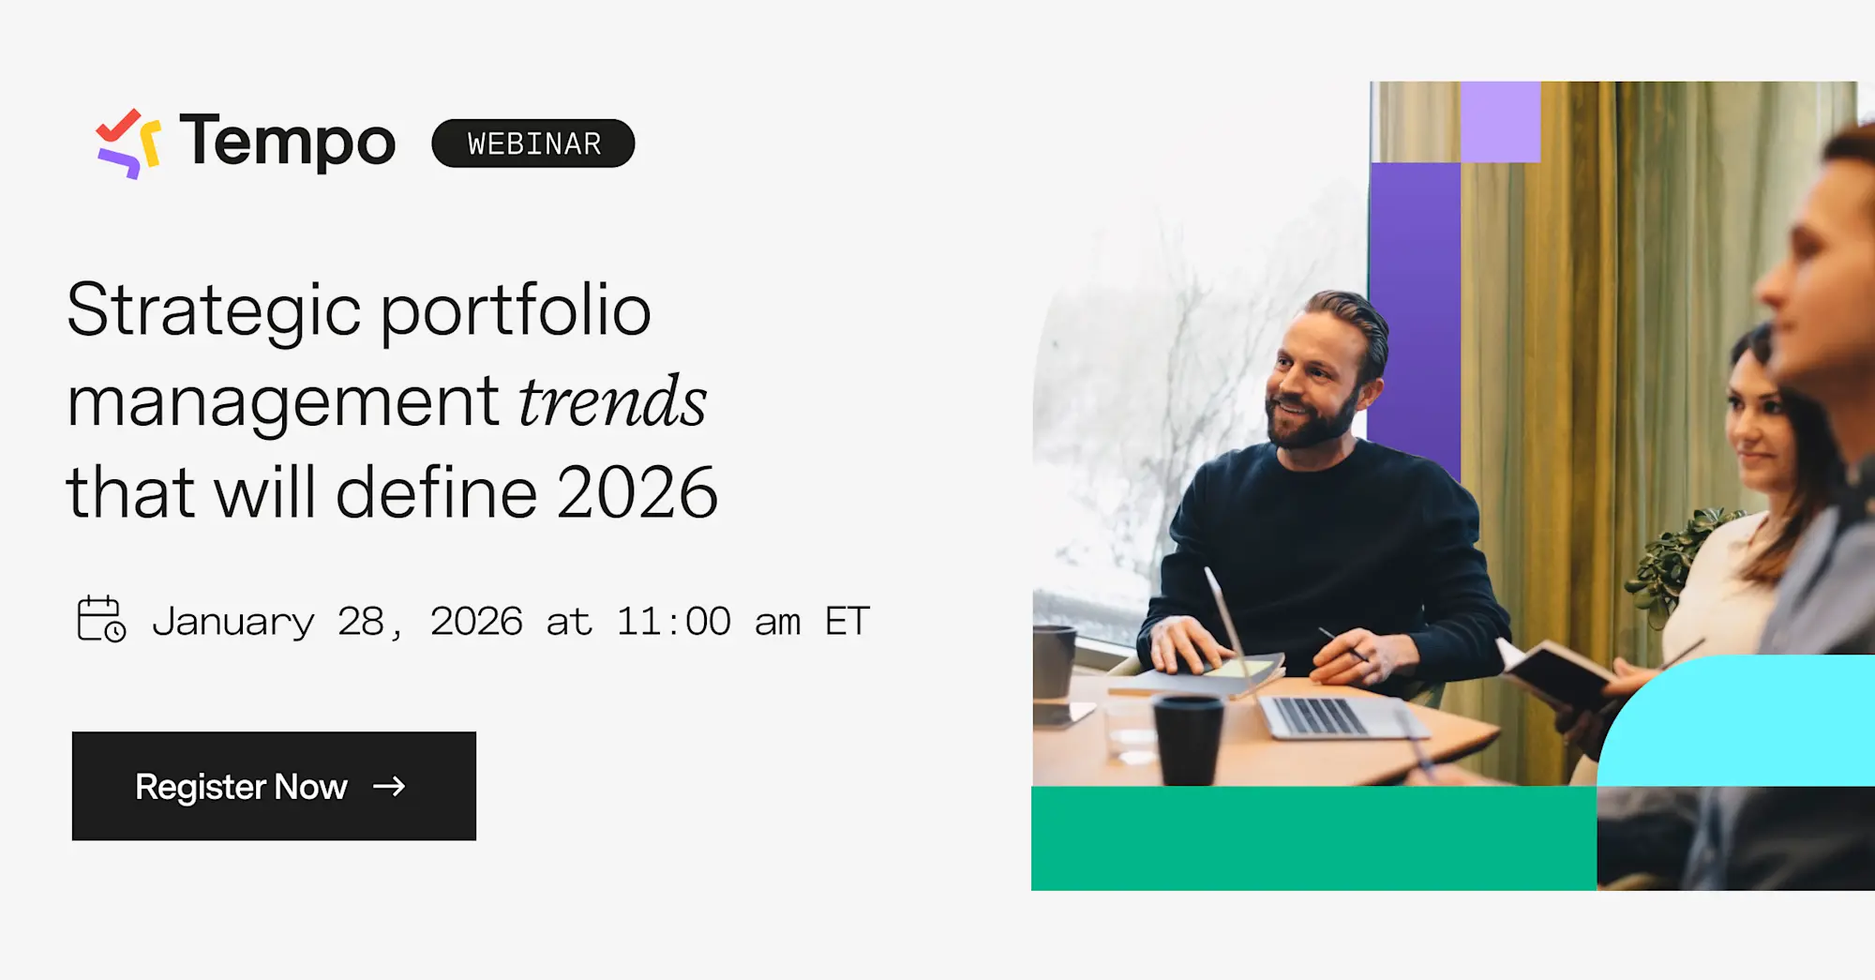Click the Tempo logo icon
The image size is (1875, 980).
click(x=128, y=143)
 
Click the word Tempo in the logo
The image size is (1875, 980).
click(x=287, y=143)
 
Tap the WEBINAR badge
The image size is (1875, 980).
click(x=532, y=143)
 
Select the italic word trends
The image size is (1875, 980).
click(x=612, y=402)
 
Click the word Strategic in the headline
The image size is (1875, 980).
click(x=214, y=311)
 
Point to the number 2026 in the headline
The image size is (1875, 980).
click(x=637, y=493)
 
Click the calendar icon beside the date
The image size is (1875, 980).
click(x=100, y=619)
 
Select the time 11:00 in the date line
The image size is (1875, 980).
click(x=673, y=622)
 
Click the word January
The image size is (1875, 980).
click(x=233, y=622)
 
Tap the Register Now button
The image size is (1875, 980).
click(x=274, y=786)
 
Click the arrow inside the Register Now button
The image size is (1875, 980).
click(x=389, y=786)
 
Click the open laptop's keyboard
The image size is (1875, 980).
click(x=1322, y=716)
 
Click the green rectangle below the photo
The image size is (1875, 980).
click(x=1312, y=837)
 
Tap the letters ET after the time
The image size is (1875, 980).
click(x=847, y=622)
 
